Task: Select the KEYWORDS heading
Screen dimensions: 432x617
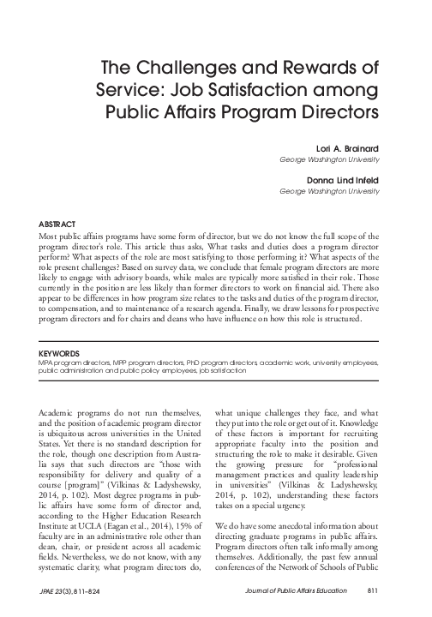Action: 56,352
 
